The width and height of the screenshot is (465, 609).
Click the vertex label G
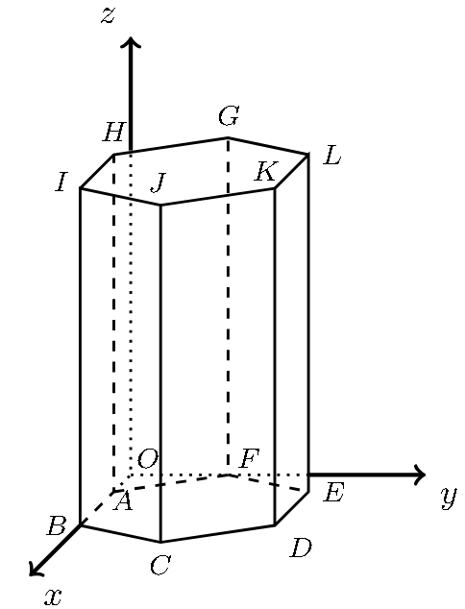228,116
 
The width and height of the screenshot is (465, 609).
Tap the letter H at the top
114,132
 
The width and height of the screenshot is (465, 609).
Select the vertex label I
61,183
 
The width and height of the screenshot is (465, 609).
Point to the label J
159,183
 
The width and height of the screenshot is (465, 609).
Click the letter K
266,171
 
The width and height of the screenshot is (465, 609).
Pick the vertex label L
332,156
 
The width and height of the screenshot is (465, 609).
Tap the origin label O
148,458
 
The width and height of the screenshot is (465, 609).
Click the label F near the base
249,458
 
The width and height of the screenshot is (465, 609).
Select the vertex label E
333,494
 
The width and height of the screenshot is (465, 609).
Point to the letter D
301,548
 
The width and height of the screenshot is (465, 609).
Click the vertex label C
159,565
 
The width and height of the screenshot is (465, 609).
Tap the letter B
56,526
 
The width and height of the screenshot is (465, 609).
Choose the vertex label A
123,501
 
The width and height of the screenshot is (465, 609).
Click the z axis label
108,16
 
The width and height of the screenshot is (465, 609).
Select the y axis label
449,498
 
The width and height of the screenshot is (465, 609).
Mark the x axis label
53,596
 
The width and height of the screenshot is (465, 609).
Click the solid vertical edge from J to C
160,373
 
